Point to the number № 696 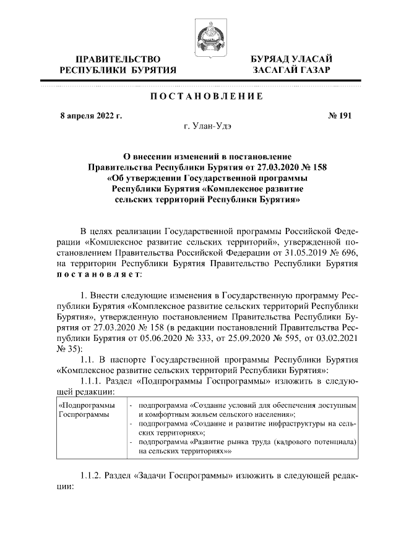[343, 251]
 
